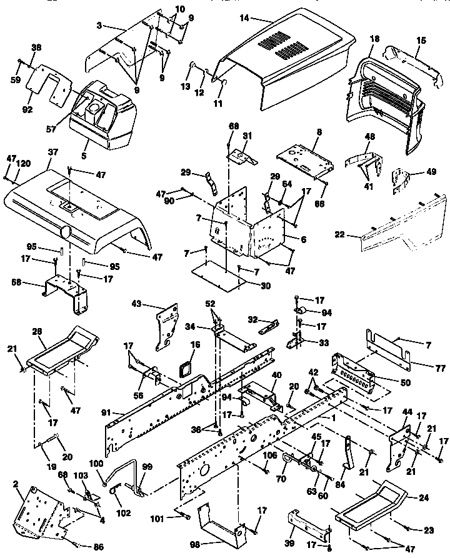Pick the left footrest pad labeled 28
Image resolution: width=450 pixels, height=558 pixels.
(62, 350)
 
